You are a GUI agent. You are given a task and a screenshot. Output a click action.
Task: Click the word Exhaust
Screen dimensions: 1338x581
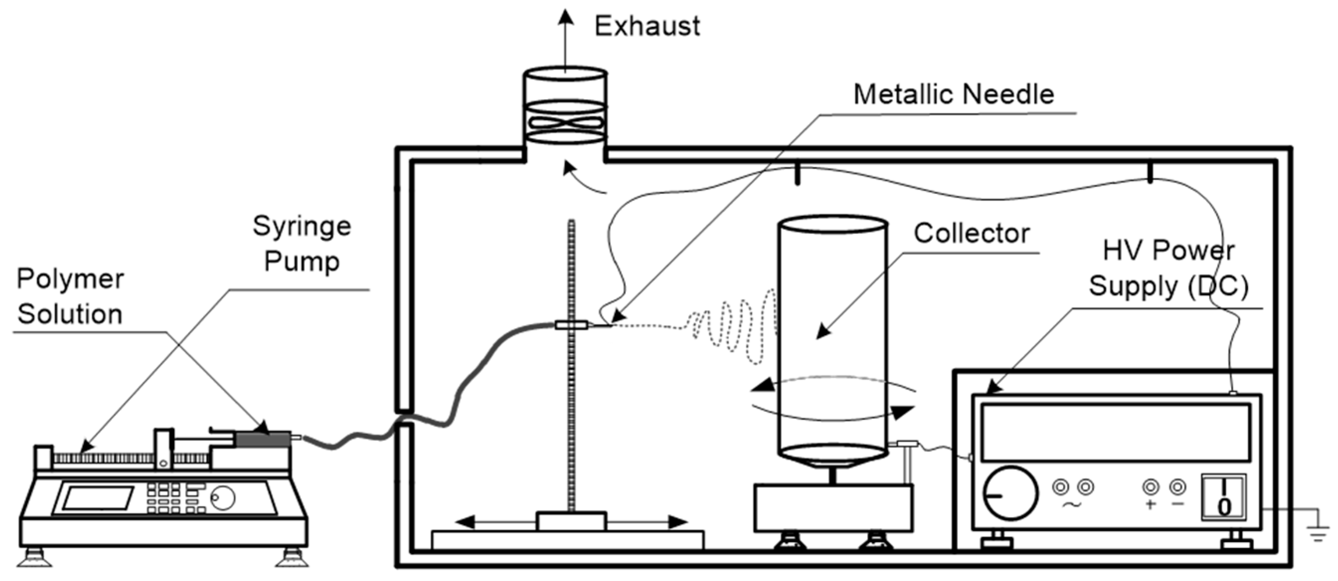tap(647, 26)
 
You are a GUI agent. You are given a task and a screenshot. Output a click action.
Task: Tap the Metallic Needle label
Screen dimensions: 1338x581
tap(954, 95)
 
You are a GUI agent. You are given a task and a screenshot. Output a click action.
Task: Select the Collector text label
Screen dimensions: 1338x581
tap(971, 233)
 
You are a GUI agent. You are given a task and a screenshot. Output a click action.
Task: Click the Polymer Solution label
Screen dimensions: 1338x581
tap(70, 297)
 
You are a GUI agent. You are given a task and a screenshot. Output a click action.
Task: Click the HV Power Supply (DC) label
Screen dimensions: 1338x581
tap(1169, 269)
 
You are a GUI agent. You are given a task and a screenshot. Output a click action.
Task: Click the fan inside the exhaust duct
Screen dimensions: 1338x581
tap(566, 123)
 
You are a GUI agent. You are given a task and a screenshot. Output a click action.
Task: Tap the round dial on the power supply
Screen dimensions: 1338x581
tap(1010, 493)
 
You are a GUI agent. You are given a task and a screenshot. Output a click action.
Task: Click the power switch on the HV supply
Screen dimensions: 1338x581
tap(1223, 497)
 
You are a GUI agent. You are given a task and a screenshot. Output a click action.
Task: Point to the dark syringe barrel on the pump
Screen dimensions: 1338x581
tap(263, 440)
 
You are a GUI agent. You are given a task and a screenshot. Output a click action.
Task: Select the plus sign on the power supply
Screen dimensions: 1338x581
tap(1150, 504)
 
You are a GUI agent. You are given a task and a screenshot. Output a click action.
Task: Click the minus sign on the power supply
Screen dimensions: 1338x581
tap(1178, 504)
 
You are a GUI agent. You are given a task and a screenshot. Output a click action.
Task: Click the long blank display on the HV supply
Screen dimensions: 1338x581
tap(1115, 432)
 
